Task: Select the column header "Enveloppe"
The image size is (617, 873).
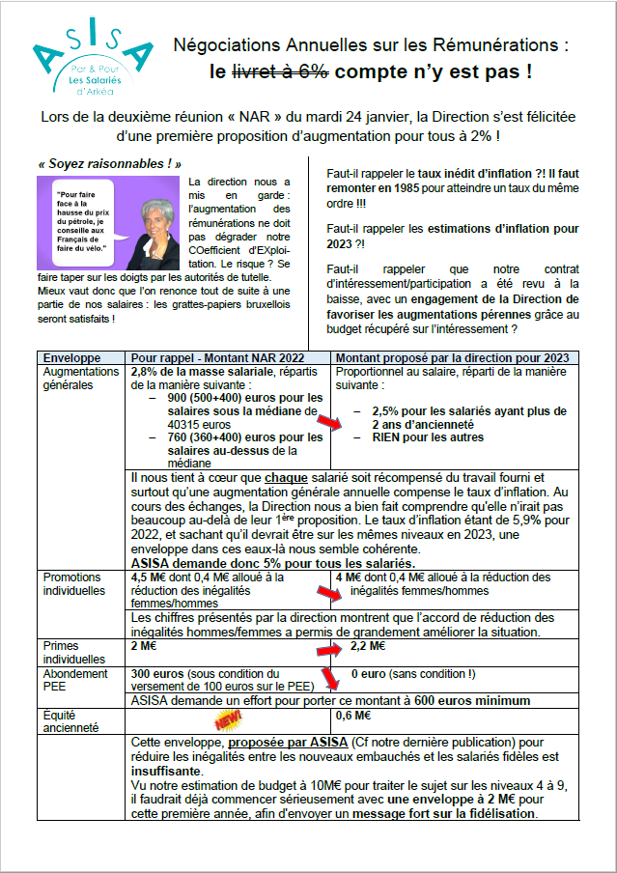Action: click(65, 356)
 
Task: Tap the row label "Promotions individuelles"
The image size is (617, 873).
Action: click(71, 583)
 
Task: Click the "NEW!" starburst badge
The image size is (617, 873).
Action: click(228, 719)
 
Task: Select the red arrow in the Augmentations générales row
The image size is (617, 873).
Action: click(330, 423)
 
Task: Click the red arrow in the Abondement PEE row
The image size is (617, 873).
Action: click(330, 679)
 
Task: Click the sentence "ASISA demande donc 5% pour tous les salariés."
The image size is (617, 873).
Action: click(273, 563)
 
